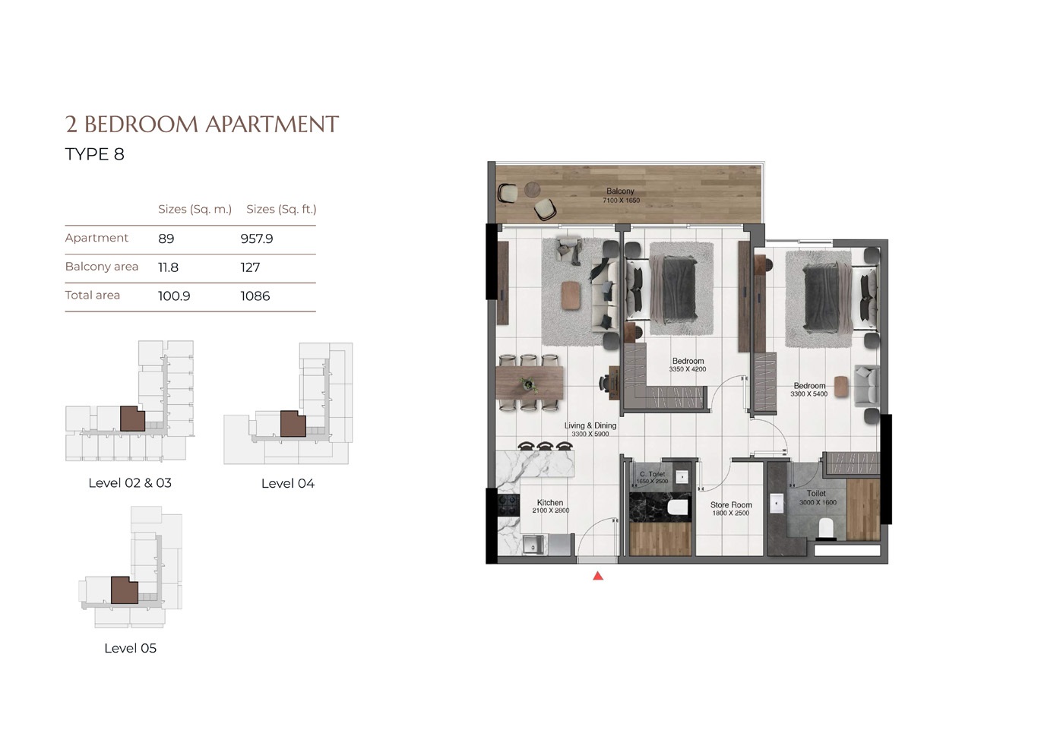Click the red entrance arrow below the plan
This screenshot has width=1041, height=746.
pos(598,576)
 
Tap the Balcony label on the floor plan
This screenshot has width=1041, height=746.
pos(620,191)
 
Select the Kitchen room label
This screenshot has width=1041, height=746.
pos(550,502)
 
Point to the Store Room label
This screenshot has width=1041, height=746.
pos(731,504)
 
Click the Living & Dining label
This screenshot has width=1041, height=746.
pos(590,425)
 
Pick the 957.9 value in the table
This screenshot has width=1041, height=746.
pos(256,239)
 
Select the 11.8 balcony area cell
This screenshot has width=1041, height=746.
pos(168,267)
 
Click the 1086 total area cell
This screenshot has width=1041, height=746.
pos(255,296)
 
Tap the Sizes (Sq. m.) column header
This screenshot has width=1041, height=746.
pos(195,209)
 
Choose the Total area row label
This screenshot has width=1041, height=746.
pos(92,295)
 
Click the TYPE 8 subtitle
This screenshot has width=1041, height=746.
pos(94,154)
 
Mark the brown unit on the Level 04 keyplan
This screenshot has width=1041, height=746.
pos(293,423)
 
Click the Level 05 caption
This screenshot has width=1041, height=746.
pos(130,648)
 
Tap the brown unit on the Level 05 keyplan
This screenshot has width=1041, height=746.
pos(124,590)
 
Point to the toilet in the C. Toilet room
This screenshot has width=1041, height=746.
pos(676,507)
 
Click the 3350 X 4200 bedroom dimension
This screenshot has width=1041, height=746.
pos(687,369)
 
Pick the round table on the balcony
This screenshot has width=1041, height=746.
pos(533,189)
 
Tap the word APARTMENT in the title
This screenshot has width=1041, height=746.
pos(272,125)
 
